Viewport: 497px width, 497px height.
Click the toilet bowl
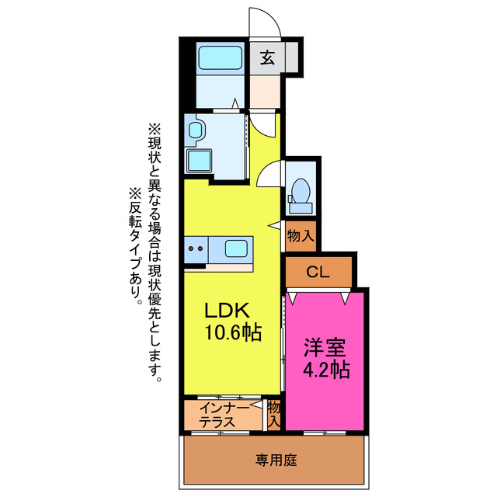(x=299, y=191)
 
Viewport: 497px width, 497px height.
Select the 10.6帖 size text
(x=232, y=333)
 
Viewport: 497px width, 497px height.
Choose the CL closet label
(x=317, y=272)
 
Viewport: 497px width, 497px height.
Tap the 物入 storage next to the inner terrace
(x=273, y=414)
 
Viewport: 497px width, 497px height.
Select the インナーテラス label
(x=223, y=415)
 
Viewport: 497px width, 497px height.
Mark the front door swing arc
(x=262, y=19)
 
